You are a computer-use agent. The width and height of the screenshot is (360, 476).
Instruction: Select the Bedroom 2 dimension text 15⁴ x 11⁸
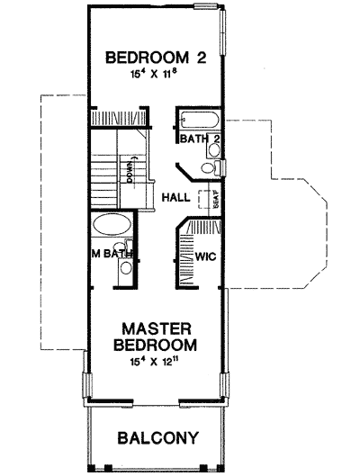[157, 76]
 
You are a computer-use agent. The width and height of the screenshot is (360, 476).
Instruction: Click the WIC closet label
[206, 256]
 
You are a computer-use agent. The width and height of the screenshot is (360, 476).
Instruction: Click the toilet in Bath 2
[209, 167]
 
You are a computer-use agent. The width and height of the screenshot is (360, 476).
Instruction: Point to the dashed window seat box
[211, 201]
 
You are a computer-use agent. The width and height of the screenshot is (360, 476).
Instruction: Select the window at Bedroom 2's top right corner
[209, 8]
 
